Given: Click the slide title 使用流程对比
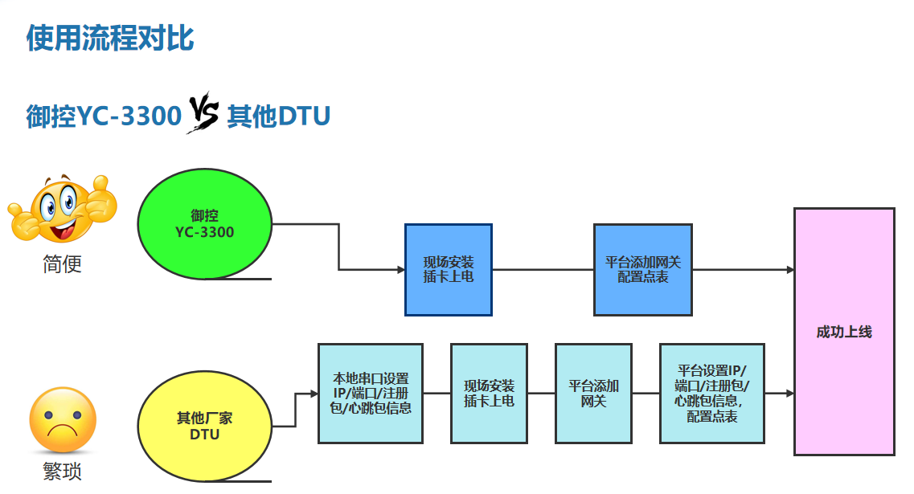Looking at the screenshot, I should [110, 38].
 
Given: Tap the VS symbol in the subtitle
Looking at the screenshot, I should [203, 113].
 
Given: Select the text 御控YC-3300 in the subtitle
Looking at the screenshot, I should [104, 116].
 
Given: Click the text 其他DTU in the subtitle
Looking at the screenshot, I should [278, 116].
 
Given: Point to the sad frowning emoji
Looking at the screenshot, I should [62, 420].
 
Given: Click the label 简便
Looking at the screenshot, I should [62, 263].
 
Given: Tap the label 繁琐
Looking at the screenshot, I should [62, 471].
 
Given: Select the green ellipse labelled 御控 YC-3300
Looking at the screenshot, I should [205, 224].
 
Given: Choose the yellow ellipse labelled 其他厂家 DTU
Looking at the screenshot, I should [205, 427].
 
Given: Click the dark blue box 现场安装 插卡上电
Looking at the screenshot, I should [448, 270].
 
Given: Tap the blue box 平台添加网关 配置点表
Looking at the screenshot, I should [642, 270].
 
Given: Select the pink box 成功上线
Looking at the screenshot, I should [844, 332].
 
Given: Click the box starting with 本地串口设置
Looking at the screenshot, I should [371, 393].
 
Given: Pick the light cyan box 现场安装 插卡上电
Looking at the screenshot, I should [489, 393].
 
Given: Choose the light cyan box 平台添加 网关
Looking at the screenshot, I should [593, 393].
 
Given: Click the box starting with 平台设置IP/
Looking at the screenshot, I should [711, 393].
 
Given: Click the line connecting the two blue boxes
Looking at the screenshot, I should [543, 270].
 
